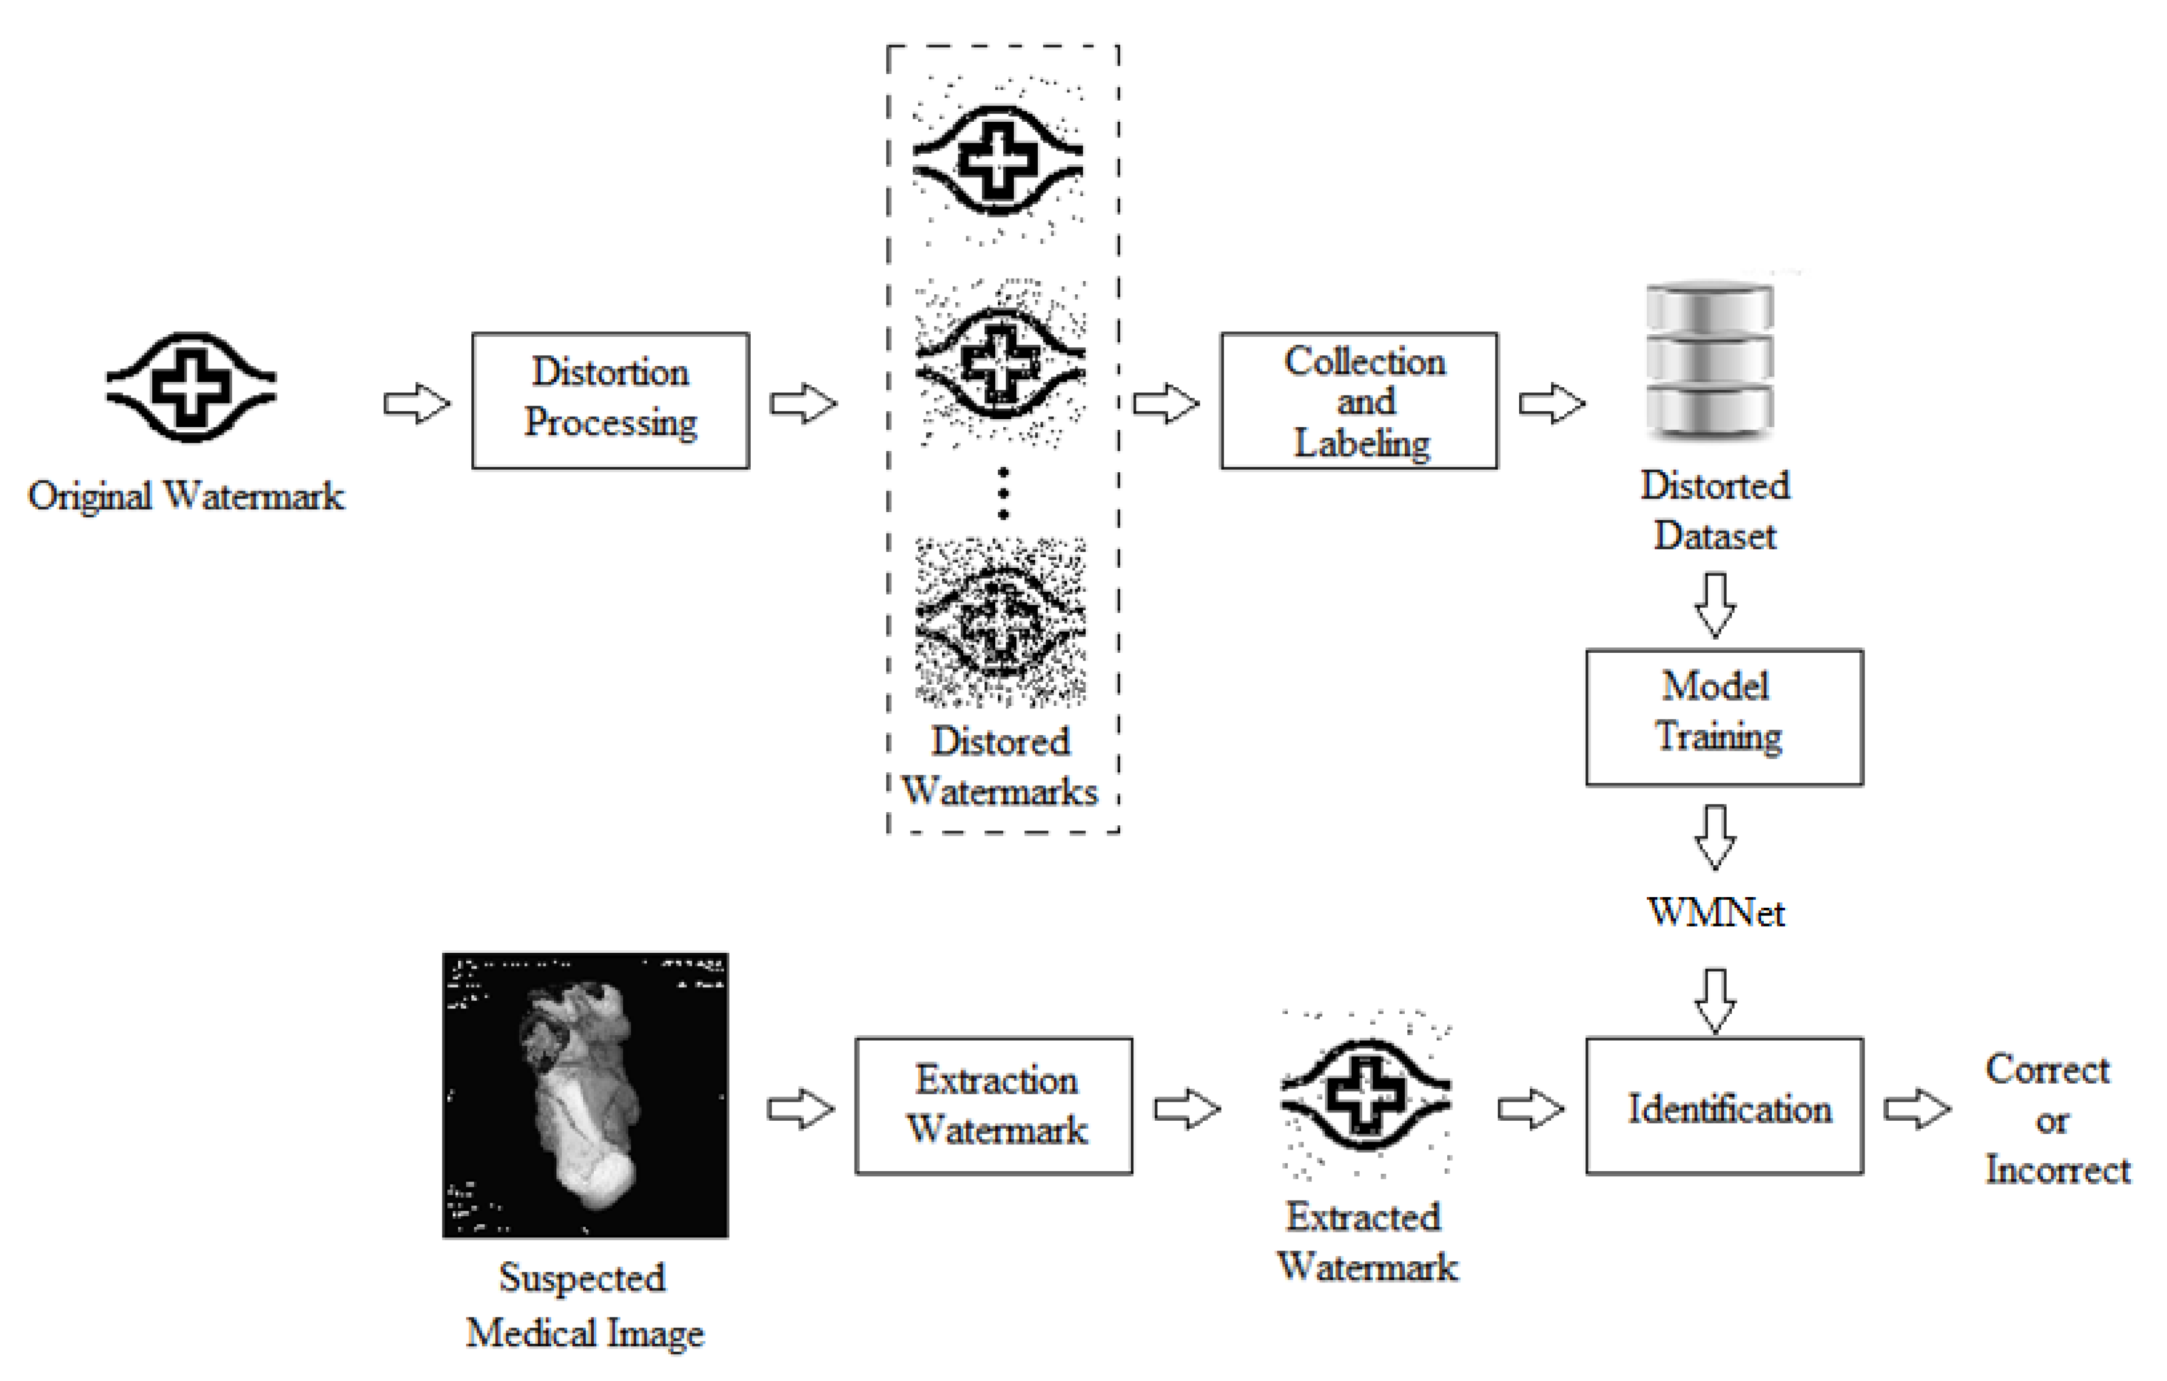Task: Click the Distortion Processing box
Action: (x=610, y=400)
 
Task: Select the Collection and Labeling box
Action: (x=1359, y=400)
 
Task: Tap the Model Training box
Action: (x=1723, y=717)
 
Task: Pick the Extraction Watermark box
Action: (x=994, y=1106)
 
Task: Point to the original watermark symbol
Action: (x=191, y=387)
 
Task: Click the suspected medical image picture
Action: (x=585, y=1095)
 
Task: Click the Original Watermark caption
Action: (x=185, y=496)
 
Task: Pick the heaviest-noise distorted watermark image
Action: (x=1000, y=621)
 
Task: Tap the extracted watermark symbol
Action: (x=1365, y=1095)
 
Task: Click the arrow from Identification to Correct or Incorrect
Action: (x=1917, y=1109)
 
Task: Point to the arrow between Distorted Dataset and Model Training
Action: (x=1715, y=604)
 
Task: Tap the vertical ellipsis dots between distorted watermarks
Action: (x=1003, y=493)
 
